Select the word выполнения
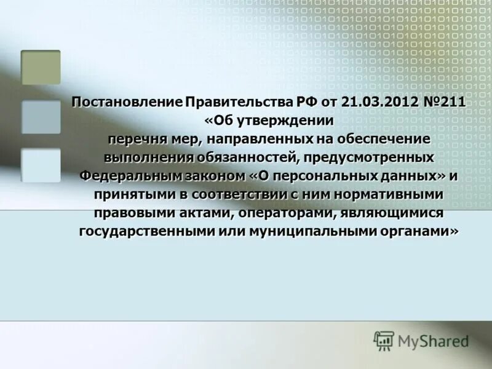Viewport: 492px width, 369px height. pos(143,157)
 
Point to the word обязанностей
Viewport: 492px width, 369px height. pos(243,157)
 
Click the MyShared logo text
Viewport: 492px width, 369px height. pos(433,341)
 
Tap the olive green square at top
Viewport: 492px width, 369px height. pos(41,67)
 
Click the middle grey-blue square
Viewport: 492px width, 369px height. pos(41,117)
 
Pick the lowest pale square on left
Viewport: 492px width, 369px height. pos(41,165)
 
